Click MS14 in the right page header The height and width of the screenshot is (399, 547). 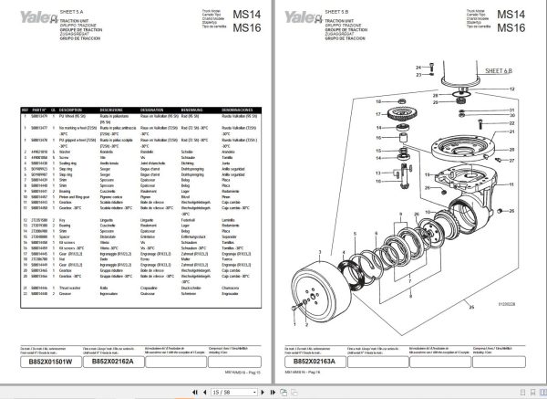click(515, 13)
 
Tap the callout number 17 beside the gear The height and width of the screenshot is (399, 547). click(377, 114)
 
